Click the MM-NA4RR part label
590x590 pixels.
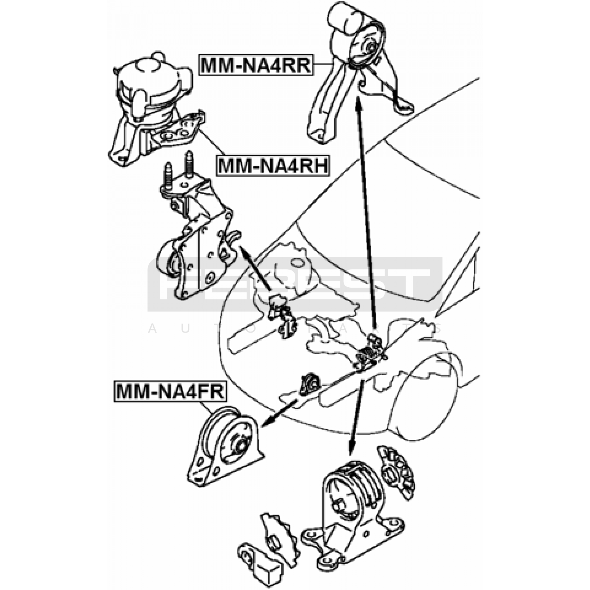pos(256,66)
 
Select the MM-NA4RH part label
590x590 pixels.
pos(273,166)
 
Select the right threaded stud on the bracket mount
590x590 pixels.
pos(189,164)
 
